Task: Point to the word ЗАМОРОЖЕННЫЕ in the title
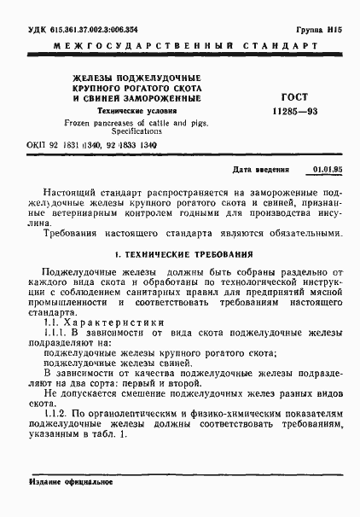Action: (x=165, y=99)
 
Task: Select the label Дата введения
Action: (x=261, y=171)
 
